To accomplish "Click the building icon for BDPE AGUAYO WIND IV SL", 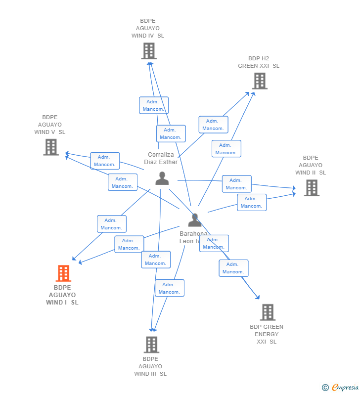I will point(149,50).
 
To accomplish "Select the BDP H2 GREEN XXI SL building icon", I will point(260,81).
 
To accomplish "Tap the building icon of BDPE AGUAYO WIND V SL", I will point(51,147).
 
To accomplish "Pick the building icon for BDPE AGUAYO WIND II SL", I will point(312,187).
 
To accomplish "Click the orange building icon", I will point(63,273).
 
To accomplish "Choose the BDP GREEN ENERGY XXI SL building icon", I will point(268,312).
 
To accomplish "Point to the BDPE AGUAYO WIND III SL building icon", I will point(151,345).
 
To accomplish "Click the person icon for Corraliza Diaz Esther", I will point(162,178).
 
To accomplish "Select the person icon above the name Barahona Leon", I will point(195,220).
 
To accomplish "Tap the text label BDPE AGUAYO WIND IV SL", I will point(148,28).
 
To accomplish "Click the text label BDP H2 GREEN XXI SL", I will point(259,62).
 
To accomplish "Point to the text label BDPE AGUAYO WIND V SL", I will point(50,125).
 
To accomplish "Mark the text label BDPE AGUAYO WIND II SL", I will point(311,165).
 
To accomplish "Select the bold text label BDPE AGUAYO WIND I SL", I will point(62,295).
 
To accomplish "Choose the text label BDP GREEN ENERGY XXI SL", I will point(267,334).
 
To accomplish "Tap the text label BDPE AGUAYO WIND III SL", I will point(150,366).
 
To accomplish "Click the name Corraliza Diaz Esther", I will point(161,158).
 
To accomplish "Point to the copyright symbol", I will point(325,388).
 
